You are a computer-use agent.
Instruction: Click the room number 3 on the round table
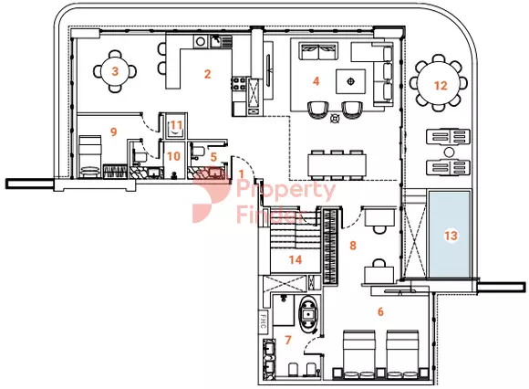click(115, 71)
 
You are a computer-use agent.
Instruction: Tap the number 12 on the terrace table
click(441, 86)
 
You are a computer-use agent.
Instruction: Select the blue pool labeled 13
click(450, 235)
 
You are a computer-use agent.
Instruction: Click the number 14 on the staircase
click(296, 259)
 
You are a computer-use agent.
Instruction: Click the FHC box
click(264, 321)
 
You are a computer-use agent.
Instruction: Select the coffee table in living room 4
click(350, 81)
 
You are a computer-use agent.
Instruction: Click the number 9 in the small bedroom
click(114, 131)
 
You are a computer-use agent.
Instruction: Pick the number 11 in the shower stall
click(176, 125)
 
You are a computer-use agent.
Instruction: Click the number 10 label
click(173, 156)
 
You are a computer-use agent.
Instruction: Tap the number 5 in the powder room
click(213, 157)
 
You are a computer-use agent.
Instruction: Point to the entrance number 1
click(241, 174)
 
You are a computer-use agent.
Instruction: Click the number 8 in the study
click(353, 245)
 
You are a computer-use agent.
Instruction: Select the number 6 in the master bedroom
click(380, 311)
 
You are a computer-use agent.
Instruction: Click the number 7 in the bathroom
click(288, 340)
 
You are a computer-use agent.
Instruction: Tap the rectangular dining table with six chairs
click(337, 164)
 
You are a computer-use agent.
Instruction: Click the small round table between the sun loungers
click(449, 152)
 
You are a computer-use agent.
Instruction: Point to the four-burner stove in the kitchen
click(239, 83)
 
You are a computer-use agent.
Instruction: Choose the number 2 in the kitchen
click(207, 74)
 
